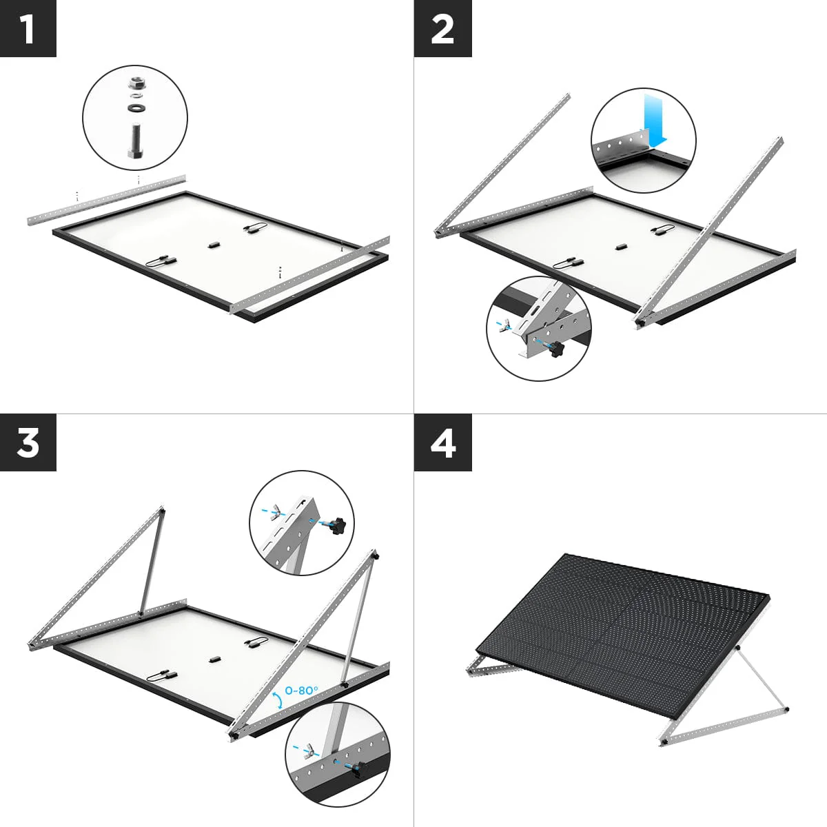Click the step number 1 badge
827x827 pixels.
click(28, 28)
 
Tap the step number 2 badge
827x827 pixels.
click(442, 28)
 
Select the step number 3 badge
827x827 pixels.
click(28, 442)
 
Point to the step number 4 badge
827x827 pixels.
click(442, 442)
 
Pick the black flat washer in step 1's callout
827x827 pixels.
click(134, 108)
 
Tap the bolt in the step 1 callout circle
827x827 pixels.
click(134, 141)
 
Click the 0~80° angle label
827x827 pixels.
click(301, 688)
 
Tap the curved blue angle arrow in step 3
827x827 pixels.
click(277, 699)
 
